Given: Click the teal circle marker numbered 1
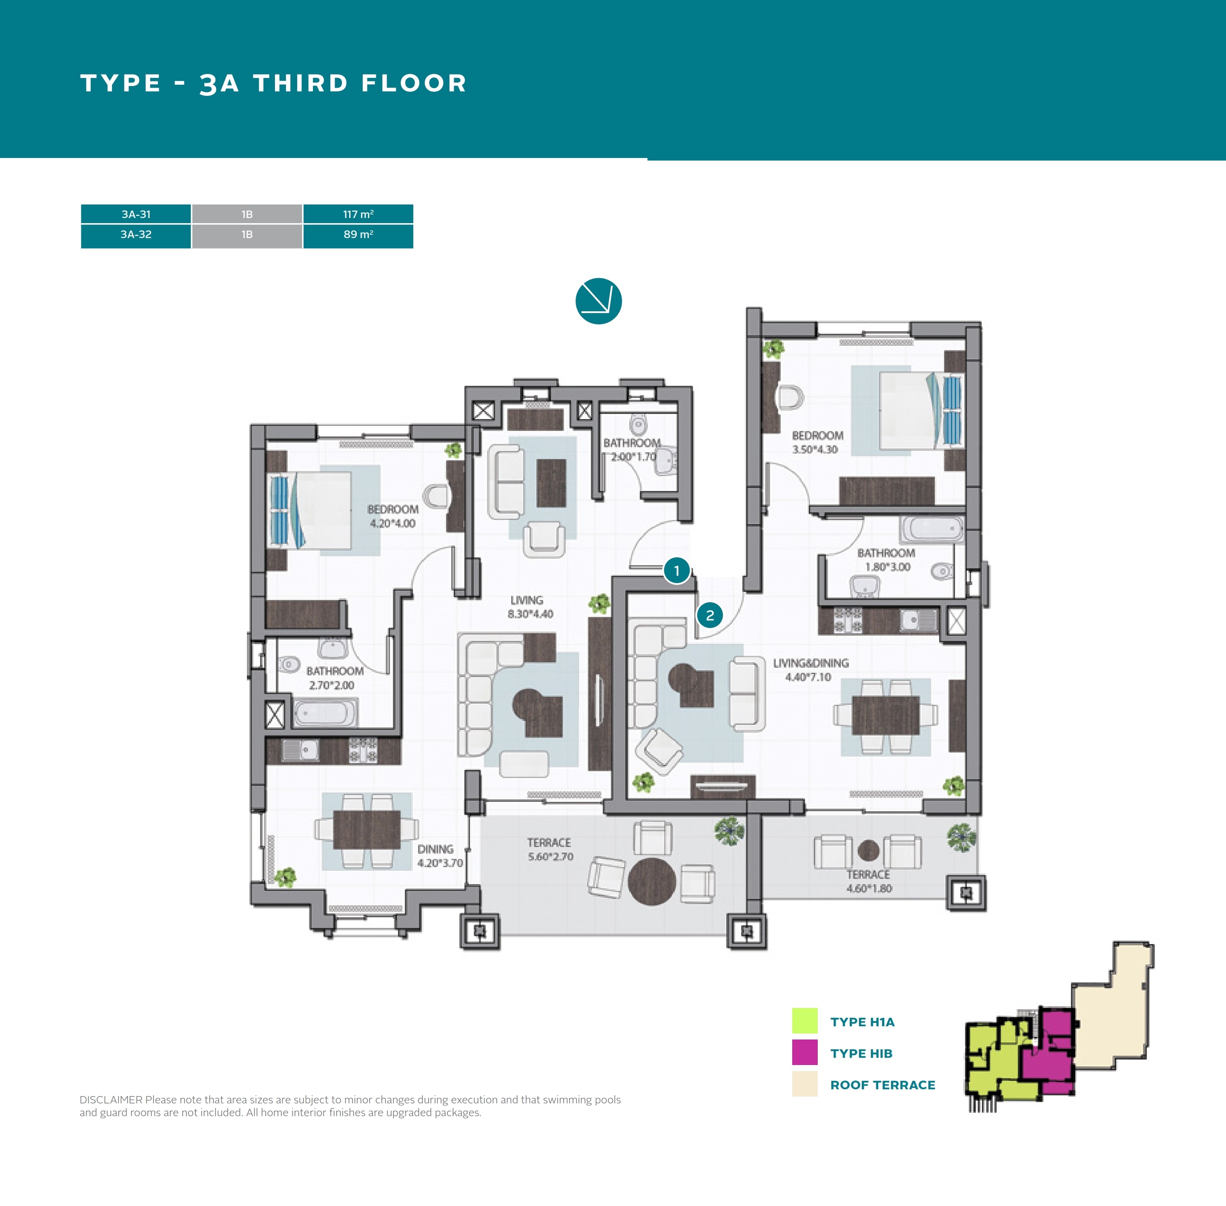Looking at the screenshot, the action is point(676,571).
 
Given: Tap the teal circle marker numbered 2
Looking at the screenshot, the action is point(710,615).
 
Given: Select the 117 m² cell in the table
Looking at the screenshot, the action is point(358,214).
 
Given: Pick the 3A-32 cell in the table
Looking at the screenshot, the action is point(136,234).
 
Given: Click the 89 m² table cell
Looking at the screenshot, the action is point(358,234).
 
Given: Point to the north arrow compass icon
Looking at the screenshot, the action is point(599,301).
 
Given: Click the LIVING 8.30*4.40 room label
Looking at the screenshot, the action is point(530,607).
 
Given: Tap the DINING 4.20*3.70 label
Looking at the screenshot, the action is point(439,856).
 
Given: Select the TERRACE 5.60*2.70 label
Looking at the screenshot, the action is point(550,850).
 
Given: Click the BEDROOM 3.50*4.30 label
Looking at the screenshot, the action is point(817,442).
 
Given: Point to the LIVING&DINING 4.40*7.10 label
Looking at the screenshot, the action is point(810,669).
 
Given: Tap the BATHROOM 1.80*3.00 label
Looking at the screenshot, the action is point(886,560).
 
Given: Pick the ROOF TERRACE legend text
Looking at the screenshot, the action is point(883,1085).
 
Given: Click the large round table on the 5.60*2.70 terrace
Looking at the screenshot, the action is point(652,881).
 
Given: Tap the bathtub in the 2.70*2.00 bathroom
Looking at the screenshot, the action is point(325,712).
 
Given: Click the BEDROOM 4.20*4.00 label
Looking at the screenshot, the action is point(392,516).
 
